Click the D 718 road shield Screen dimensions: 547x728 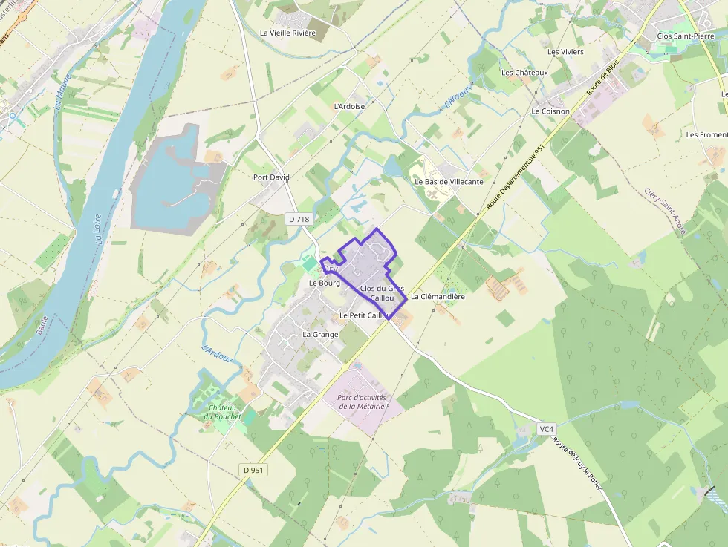tap(299, 219)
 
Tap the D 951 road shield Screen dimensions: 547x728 tap(253, 470)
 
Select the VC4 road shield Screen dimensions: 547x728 tap(547, 430)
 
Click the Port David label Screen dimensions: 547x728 tap(271, 177)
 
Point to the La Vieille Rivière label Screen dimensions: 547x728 tap(287, 33)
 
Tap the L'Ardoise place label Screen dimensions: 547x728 tap(349, 106)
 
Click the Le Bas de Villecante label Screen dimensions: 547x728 tap(449, 182)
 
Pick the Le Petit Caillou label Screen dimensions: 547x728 tap(364, 315)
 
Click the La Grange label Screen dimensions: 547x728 tap(320, 335)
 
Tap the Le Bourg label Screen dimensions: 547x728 tap(324, 284)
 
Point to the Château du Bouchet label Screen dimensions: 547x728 tap(223, 412)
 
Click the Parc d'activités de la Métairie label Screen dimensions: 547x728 tap(362, 402)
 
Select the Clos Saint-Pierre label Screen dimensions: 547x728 tap(685, 36)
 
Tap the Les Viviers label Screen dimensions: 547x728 tap(565, 52)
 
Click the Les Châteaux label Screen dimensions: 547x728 tap(524, 73)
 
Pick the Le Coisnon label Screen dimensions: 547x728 tap(550, 111)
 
